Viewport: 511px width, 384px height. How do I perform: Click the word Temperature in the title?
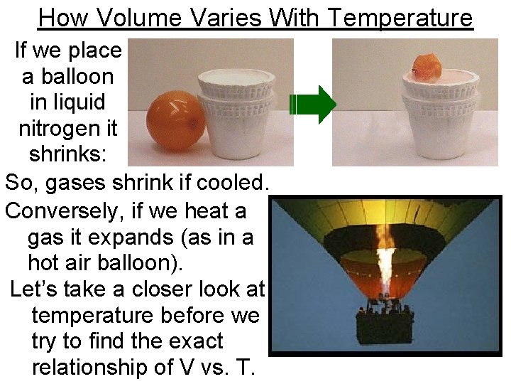point(400,17)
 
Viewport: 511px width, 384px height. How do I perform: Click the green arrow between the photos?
point(313,105)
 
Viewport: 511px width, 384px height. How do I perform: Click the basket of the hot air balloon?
point(385,327)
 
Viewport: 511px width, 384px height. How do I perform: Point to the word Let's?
point(33,289)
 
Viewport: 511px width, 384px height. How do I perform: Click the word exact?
point(192,341)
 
